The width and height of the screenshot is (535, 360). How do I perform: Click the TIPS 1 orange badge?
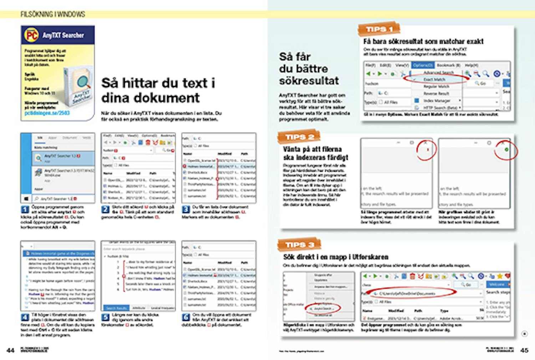click(x=379, y=29)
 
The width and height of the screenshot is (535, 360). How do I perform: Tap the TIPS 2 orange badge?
click(x=299, y=137)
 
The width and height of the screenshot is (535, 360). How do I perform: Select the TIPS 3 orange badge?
click(x=299, y=245)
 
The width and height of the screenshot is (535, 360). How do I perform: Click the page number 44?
click(x=11, y=350)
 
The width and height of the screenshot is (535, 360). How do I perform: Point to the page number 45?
click(x=524, y=350)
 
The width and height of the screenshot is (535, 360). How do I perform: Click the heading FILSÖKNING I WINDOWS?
click(x=53, y=14)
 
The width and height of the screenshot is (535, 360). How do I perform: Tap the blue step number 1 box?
click(x=25, y=209)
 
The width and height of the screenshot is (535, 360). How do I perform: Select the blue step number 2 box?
click(x=106, y=209)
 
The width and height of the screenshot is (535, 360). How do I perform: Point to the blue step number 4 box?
click(x=25, y=317)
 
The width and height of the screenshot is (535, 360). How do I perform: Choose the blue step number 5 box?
click(x=106, y=317)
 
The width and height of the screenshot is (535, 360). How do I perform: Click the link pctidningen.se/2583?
click(x=47, y=113)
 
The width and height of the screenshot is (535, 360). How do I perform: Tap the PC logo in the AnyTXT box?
click(x=31, y=35)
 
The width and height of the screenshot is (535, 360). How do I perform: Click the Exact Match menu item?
click(x=434, y=80)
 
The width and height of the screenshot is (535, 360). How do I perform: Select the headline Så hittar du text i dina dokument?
click(x=158, y=90)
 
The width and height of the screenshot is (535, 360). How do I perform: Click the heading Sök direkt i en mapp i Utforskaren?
click(x=336, y=257)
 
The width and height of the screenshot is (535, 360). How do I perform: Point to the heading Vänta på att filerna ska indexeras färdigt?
click(x=315, y=153)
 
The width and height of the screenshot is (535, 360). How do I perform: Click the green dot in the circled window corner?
click(x=506, y=150)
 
